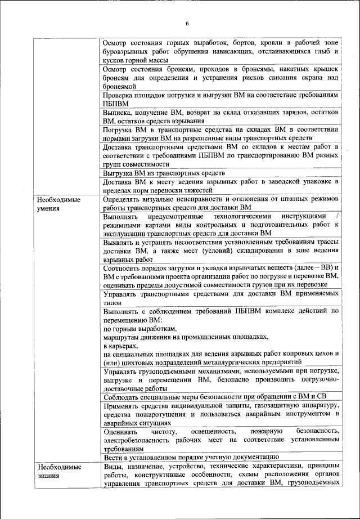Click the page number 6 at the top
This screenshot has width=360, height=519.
pos(187,23)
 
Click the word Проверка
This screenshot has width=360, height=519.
pos(120,95)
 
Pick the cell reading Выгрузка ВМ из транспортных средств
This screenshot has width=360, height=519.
pos(164,173)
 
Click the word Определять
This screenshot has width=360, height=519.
pos(125,199)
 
